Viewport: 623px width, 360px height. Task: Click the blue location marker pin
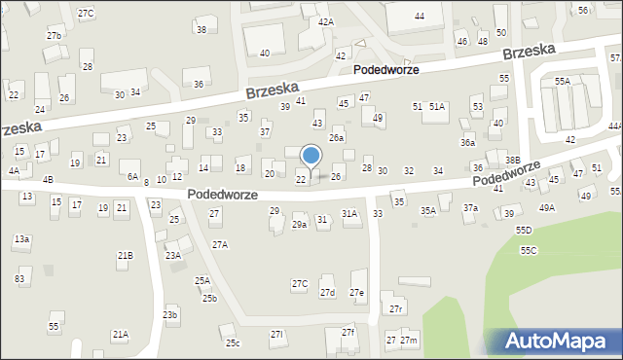(311, 156)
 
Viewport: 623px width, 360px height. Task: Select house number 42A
(325, 21)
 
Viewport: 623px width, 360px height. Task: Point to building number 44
(419, 17)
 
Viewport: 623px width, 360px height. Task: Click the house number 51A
(437, 107)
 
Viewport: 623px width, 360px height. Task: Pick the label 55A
(563, 82)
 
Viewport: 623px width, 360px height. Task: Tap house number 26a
(336, 139)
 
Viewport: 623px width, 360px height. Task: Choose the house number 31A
(348, 213)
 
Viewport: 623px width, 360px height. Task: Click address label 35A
(427, 211)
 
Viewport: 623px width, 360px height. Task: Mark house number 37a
(470, 208)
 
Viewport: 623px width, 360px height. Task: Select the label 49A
(547, 207)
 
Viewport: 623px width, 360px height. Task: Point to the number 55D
(524, 231)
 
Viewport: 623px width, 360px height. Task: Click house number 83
(19, 279)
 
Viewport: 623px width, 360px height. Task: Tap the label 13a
(21, 238)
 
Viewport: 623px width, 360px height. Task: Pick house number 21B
(125, 256)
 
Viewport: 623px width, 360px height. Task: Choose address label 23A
(172, 256)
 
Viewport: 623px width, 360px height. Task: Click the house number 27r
(395, 309)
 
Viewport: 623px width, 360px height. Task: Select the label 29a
(299, 225)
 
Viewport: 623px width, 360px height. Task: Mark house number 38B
(512, 160)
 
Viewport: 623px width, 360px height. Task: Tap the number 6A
(132, 177)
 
